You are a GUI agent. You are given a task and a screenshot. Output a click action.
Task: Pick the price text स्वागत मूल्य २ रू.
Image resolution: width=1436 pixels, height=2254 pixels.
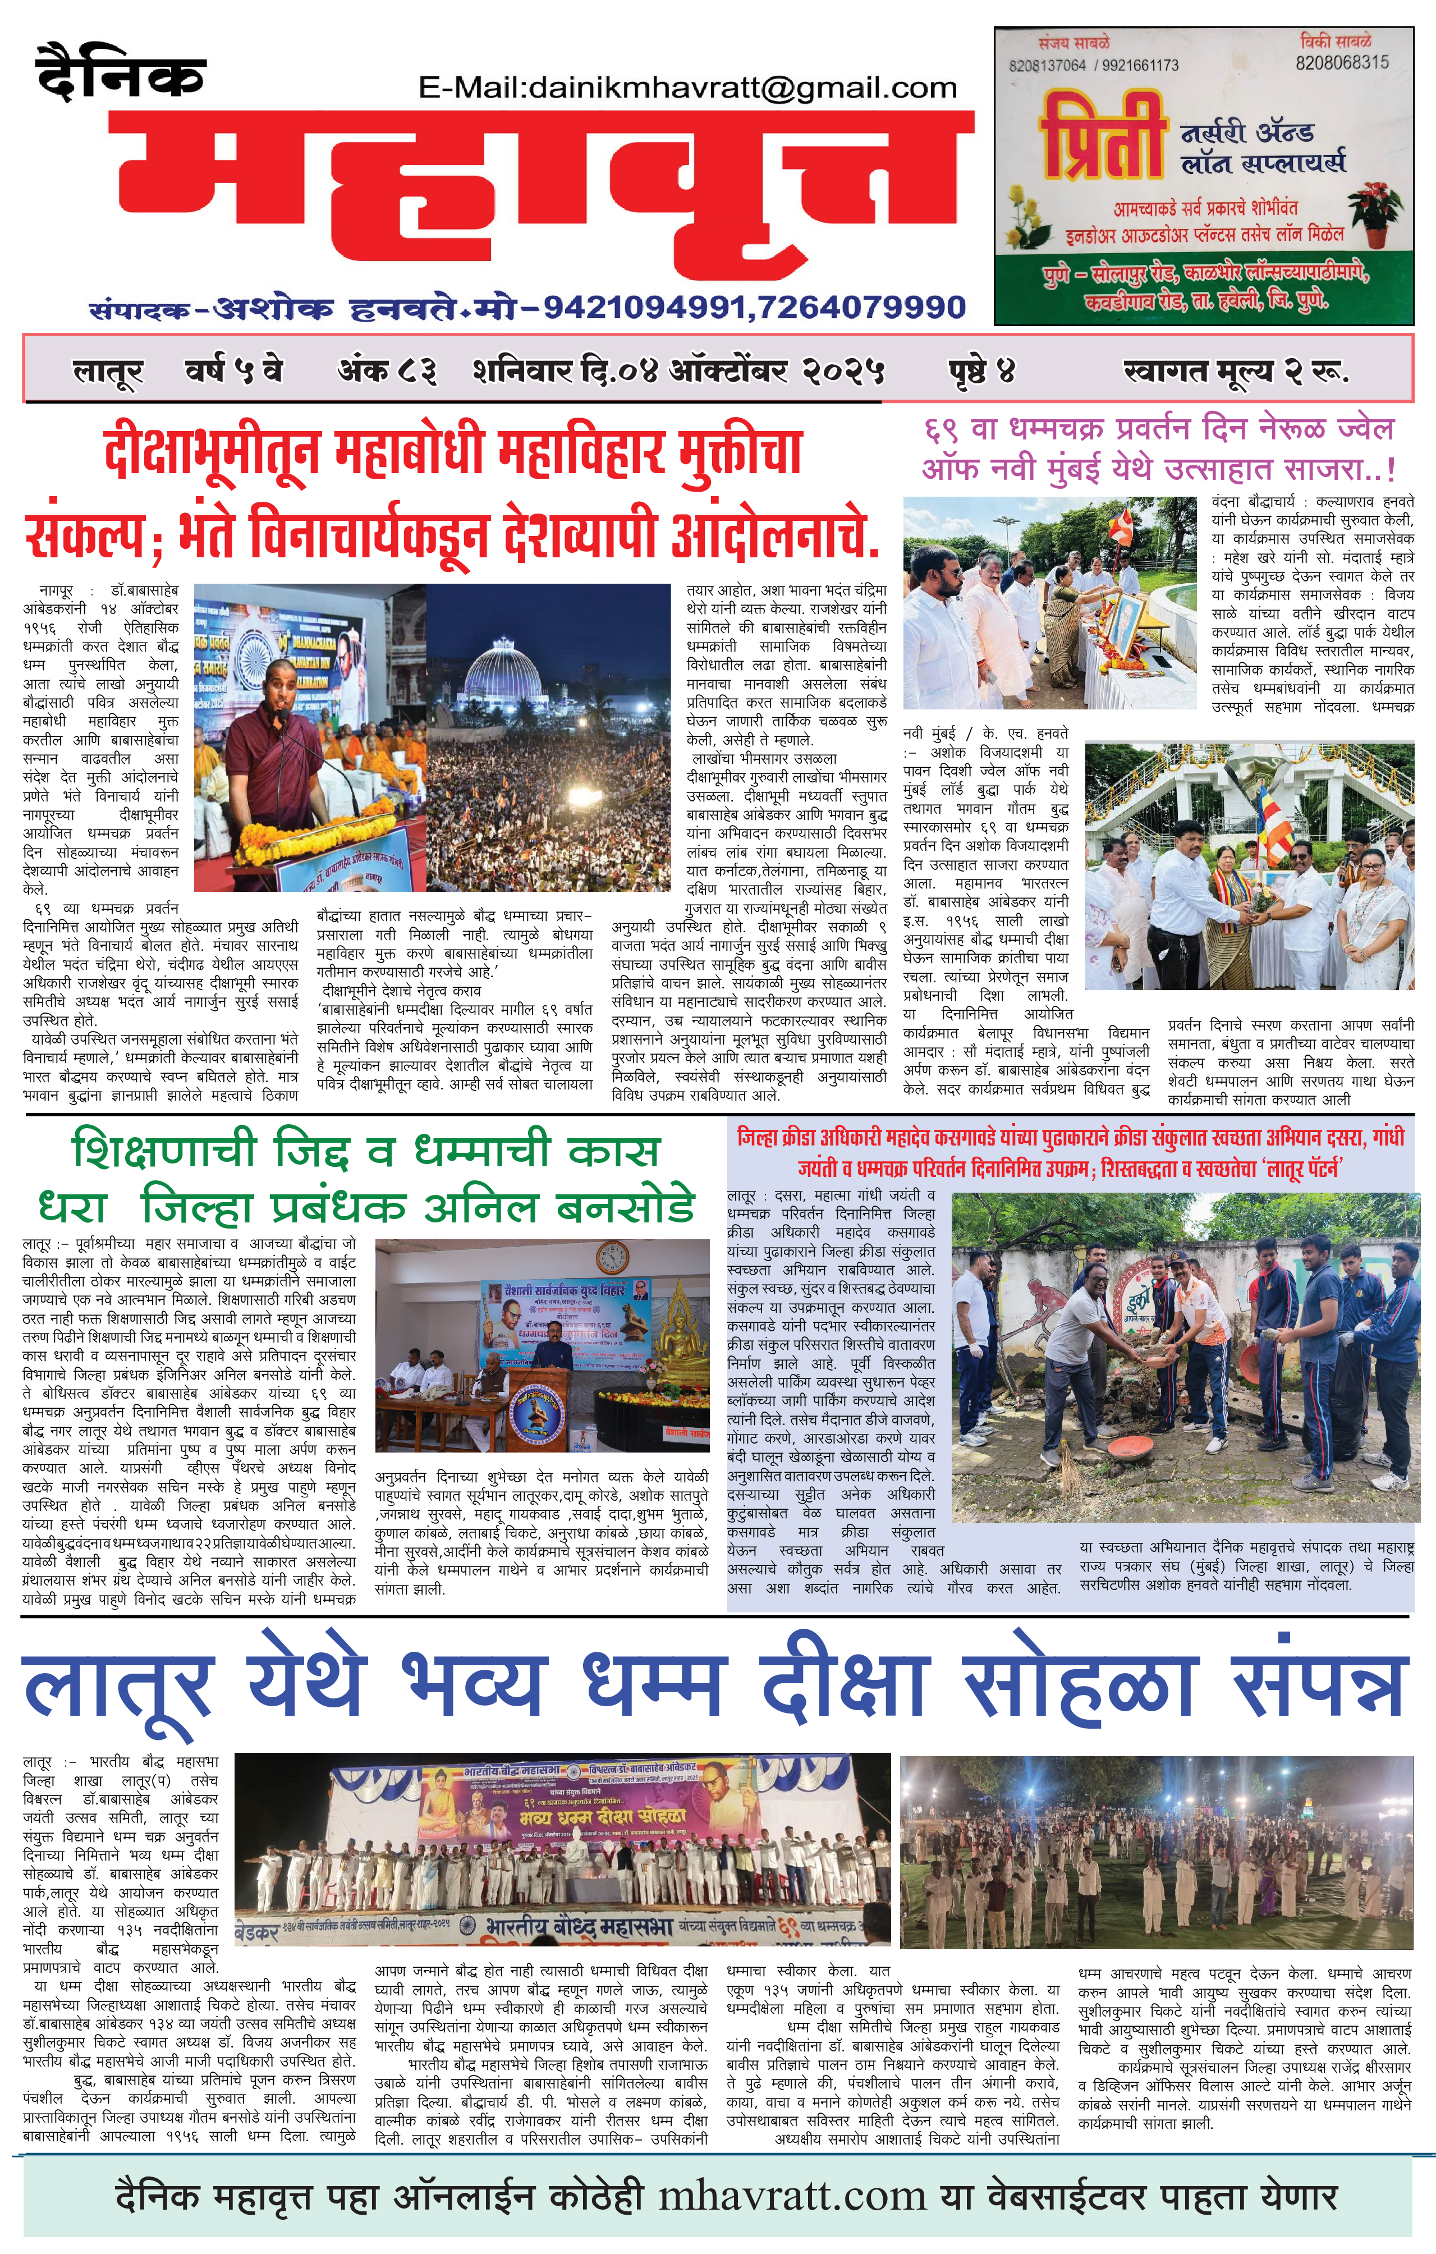coord(1235,372)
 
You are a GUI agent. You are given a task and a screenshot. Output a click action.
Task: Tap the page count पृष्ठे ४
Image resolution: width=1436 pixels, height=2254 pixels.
coord(981,372)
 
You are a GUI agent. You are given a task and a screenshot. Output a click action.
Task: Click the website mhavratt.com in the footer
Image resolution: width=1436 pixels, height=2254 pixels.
coord(792,2196)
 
